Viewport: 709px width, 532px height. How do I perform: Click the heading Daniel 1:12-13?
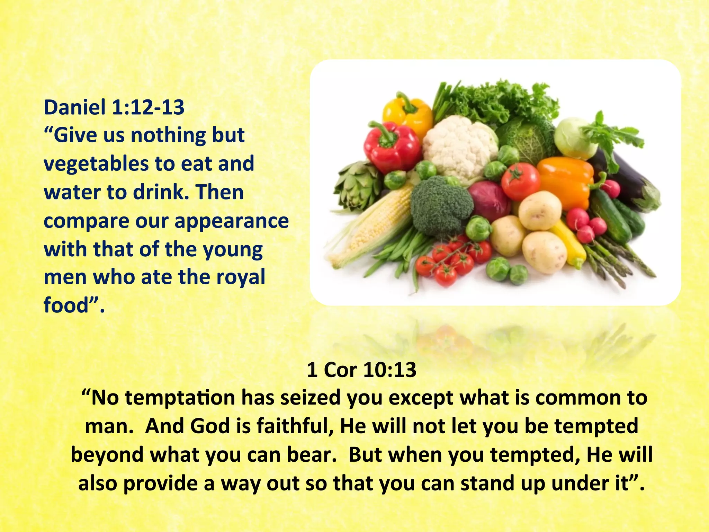coord(114,107)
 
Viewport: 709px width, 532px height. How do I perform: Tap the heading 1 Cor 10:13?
coord(361,370)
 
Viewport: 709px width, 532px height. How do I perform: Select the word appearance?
coord(232,221)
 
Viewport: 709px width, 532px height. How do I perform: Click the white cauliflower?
coord(459,145)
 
